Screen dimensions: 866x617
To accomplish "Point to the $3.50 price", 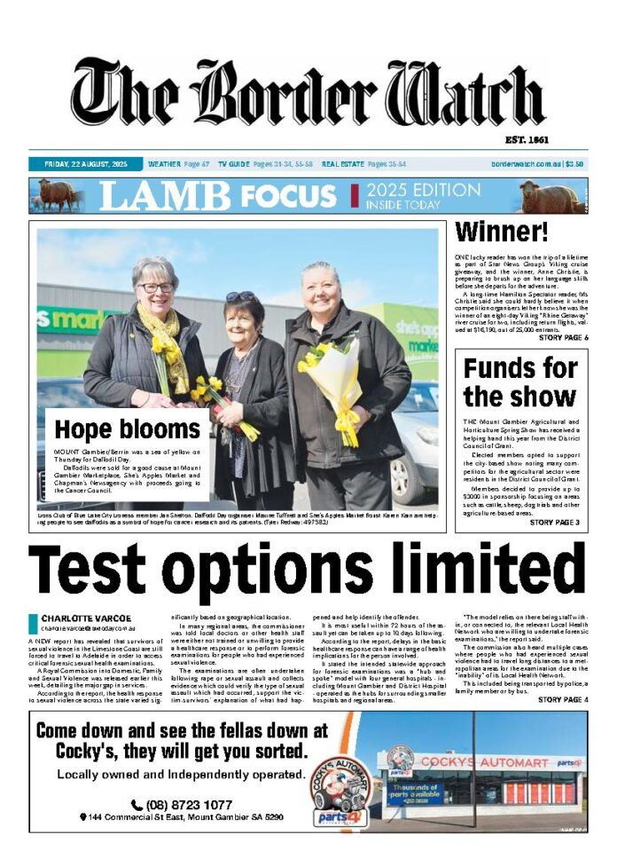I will (x=575, y=164).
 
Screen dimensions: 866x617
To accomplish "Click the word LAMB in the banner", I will (x=165, y=196).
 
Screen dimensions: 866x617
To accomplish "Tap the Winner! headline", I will (x=502, y=232).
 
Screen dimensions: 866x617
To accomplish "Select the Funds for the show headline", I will (x=520, y=382).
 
